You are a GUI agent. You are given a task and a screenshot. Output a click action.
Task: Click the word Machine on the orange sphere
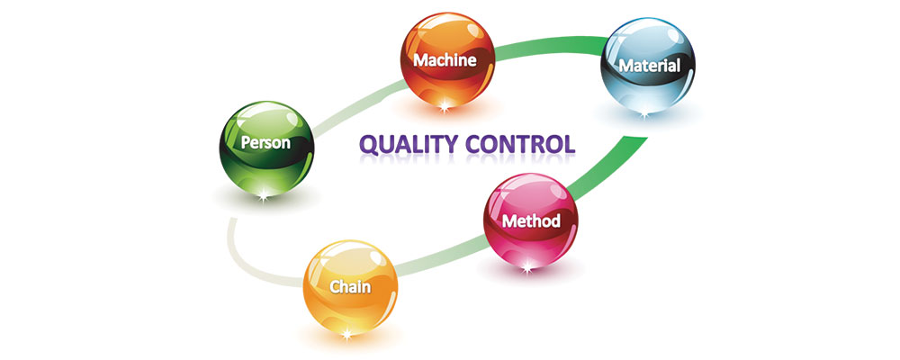[x=443, y=59]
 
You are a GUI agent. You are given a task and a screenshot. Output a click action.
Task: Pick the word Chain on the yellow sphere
[x=351, y=288]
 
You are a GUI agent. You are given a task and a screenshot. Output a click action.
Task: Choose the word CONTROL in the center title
[x=521, y=143]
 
